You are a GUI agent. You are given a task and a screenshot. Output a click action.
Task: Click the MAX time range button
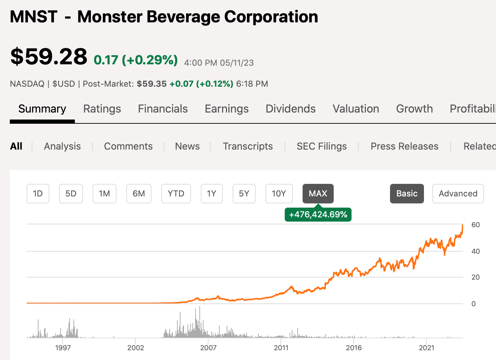[x=318, y=194]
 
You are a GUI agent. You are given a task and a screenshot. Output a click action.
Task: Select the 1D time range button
[x=38, y=194]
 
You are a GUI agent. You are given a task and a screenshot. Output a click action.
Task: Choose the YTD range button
[x=176, y=194]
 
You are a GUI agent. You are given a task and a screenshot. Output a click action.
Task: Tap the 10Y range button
[x=279, y=194]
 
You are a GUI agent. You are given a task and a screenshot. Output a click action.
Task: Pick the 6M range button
[x=139, y=194]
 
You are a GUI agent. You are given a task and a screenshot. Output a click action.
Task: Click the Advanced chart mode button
[x=458, y=194]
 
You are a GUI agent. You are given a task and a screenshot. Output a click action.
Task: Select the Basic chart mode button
[x=407, y=194]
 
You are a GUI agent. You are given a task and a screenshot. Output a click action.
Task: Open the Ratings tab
[x=102, y=109]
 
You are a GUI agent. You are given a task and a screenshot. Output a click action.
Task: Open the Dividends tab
[x=291, y=109]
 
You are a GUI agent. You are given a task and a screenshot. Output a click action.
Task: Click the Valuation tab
[x=356, y=109]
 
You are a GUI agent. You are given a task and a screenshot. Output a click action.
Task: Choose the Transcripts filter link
[x=248, y=146]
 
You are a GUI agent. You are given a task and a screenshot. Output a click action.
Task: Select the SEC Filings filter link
[x=322, y=146]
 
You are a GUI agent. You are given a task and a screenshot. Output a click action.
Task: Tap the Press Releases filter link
[x=404, y=146]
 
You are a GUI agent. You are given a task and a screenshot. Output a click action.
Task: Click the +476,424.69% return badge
[x=318, y=214]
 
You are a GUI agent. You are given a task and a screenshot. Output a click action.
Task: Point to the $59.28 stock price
[x=49, y=57]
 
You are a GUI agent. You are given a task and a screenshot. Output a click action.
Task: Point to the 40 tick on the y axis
[x=476, y=251]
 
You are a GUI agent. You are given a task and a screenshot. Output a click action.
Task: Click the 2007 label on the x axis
[x=208, y=348]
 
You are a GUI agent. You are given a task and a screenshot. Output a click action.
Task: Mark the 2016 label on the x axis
[x=354, y=348]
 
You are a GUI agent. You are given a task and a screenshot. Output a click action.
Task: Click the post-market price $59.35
[x=151, y=84]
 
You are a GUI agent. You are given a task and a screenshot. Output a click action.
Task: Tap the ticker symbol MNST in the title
[x=34, y=17]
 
